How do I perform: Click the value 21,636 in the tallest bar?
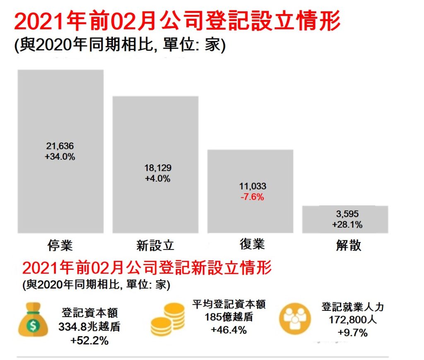coord(60,146)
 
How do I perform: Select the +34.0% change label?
coord(60,157)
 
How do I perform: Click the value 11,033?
coord(252,186)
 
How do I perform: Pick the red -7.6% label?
coord(252,197)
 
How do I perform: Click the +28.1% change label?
coord(347,225)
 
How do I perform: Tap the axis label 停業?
coord(60,245)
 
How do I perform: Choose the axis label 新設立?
coord(155,245)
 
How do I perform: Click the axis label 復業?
coord(252,244)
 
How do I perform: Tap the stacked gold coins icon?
coord(167,319)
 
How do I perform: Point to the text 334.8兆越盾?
coord(89,327)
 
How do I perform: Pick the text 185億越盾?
coord(229,318)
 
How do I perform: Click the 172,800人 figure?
coord(353,320)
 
